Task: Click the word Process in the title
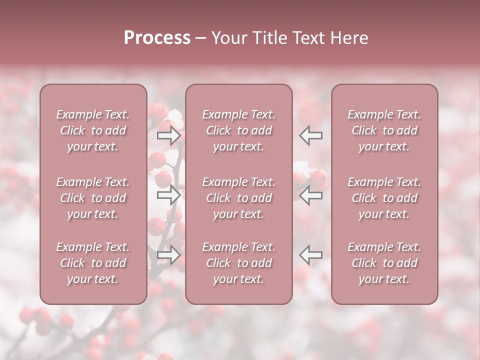(x=157, y=38)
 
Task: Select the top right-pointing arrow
(x=169, y=135)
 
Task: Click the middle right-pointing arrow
(x=169, y=195)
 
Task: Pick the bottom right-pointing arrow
(x=169, y=255)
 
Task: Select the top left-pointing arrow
(x=310, y=135)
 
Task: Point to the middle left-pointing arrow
(x=310, y=195)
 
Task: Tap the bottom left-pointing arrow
(x=310, y=255)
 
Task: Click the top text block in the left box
(x=93, y=130)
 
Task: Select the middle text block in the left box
(x=93, y=198)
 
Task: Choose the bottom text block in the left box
(x=93, y=263)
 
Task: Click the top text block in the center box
(x=238, y=130)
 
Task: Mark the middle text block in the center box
(x=238, y=198)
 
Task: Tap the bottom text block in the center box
(x=238, y=263)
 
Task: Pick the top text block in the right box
(x=384, y=130)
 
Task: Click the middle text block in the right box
(x=384, y=198)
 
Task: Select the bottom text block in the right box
(x=384, y=263)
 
